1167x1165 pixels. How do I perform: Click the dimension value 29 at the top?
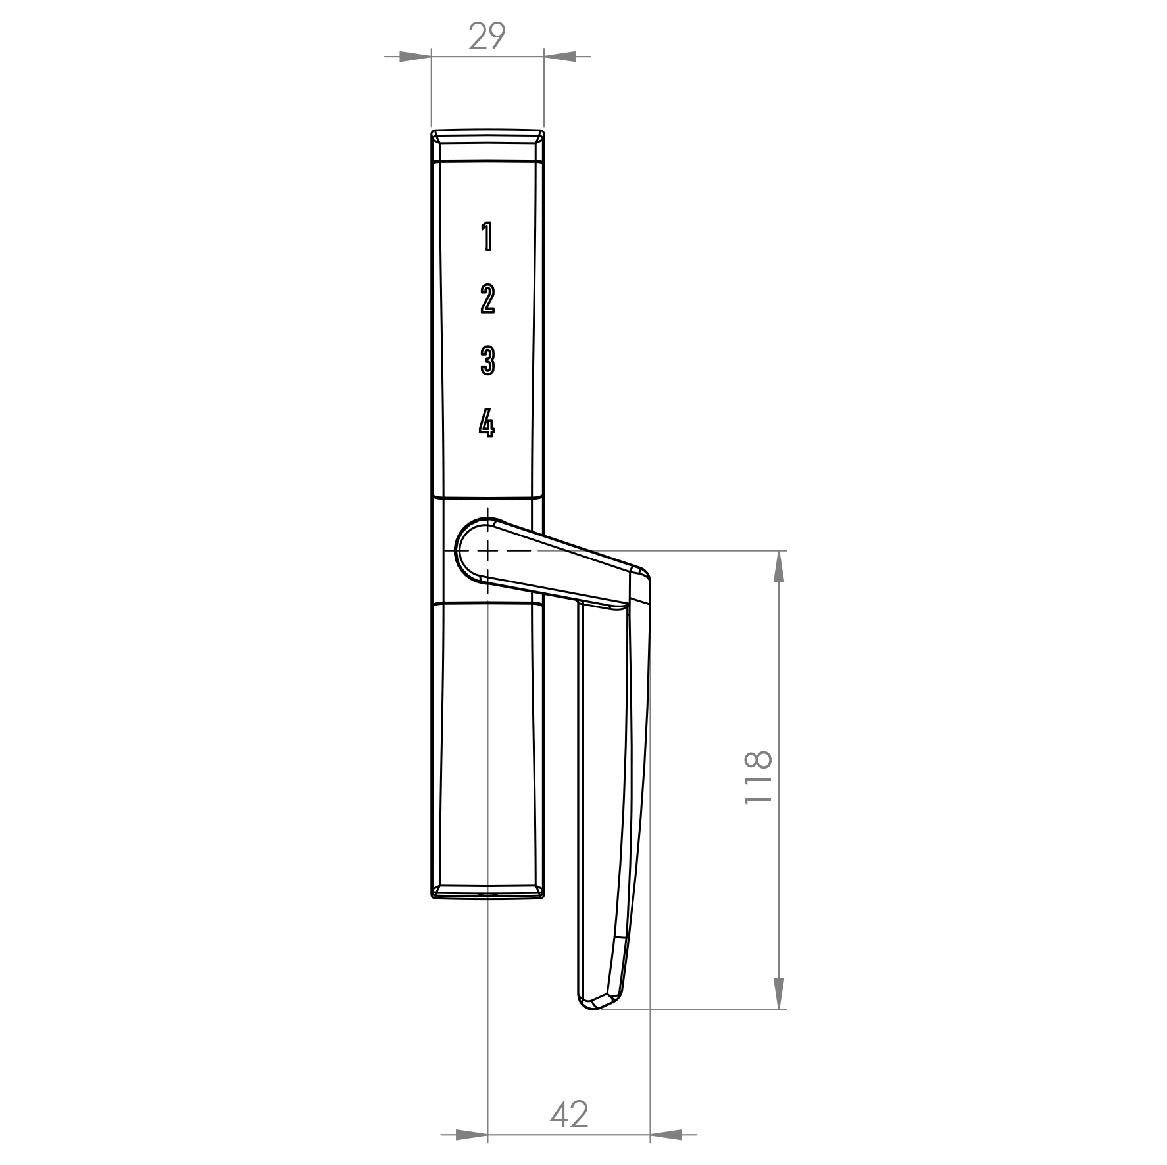pos(487,36)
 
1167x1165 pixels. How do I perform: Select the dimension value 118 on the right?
pos(758,777)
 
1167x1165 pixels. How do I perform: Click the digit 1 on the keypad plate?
pos(487,237)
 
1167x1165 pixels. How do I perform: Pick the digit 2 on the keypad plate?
pos(487,299)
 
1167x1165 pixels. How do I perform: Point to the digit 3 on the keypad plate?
pos(487,361)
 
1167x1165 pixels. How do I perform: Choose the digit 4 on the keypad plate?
pos(486,423)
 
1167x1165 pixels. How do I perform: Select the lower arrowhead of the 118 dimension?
pos(779,993)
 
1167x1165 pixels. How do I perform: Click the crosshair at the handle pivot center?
pos(487,550)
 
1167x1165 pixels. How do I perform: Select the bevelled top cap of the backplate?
pos(487,145)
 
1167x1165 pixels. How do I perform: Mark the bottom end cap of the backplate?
pos(487,892)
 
